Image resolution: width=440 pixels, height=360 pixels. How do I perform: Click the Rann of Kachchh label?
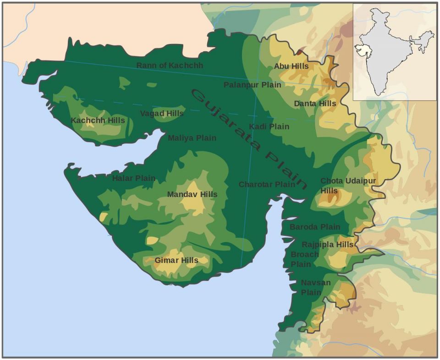(170, 65)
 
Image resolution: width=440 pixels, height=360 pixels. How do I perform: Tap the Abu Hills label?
(291, 66)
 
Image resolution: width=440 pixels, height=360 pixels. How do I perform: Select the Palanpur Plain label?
(252, 85)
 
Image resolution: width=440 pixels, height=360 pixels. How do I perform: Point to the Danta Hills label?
(315, 104)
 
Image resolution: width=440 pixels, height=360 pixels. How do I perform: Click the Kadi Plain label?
(269, 126)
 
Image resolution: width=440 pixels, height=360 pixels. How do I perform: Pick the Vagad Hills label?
(162, 114)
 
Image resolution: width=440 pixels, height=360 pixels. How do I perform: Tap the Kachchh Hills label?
(98, 120)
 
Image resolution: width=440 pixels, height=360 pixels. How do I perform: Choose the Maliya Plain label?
(192, 138)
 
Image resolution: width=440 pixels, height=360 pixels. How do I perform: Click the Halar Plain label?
(133, 178)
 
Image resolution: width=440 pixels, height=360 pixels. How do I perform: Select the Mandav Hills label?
(192, 194)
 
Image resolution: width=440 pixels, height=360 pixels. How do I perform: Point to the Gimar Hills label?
(176, 260)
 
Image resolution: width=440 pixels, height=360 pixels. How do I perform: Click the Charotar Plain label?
(267, 185)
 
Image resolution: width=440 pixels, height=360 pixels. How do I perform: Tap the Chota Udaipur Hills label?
(347, 185)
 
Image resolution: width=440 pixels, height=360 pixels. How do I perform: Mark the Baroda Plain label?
(315, 227)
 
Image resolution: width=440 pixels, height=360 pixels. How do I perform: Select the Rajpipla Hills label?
(327, 245)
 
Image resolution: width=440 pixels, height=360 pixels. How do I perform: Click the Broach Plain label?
(304, 259)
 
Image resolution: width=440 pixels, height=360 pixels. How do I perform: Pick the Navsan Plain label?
(315, 288)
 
